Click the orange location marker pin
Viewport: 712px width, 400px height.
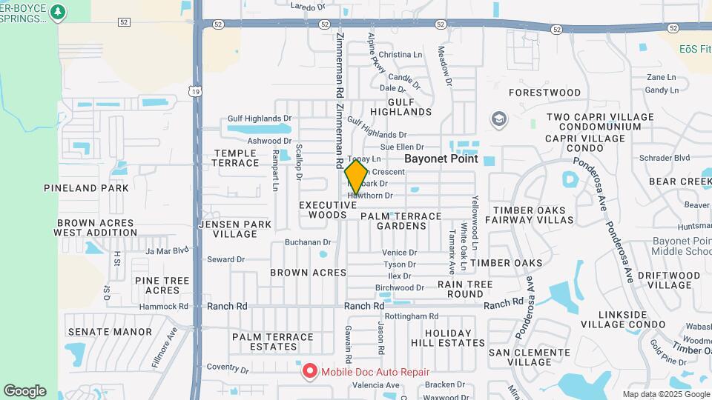(356, 177)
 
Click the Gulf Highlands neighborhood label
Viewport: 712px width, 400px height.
(400, 106)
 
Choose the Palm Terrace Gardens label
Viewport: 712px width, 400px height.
(400, 221)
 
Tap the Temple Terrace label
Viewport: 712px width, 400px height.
(237, 158)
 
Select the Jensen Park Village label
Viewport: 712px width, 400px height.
(230, 229)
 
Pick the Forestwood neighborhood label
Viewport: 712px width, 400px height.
(545, 93)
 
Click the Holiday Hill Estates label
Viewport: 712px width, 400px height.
(449, 338)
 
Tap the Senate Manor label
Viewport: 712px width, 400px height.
(109, 332)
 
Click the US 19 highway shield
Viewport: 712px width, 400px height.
(194, 90)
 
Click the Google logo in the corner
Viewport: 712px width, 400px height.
(24, 390)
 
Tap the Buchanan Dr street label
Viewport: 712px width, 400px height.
(308, 242)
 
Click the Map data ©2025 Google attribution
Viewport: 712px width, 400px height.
(666, 394)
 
